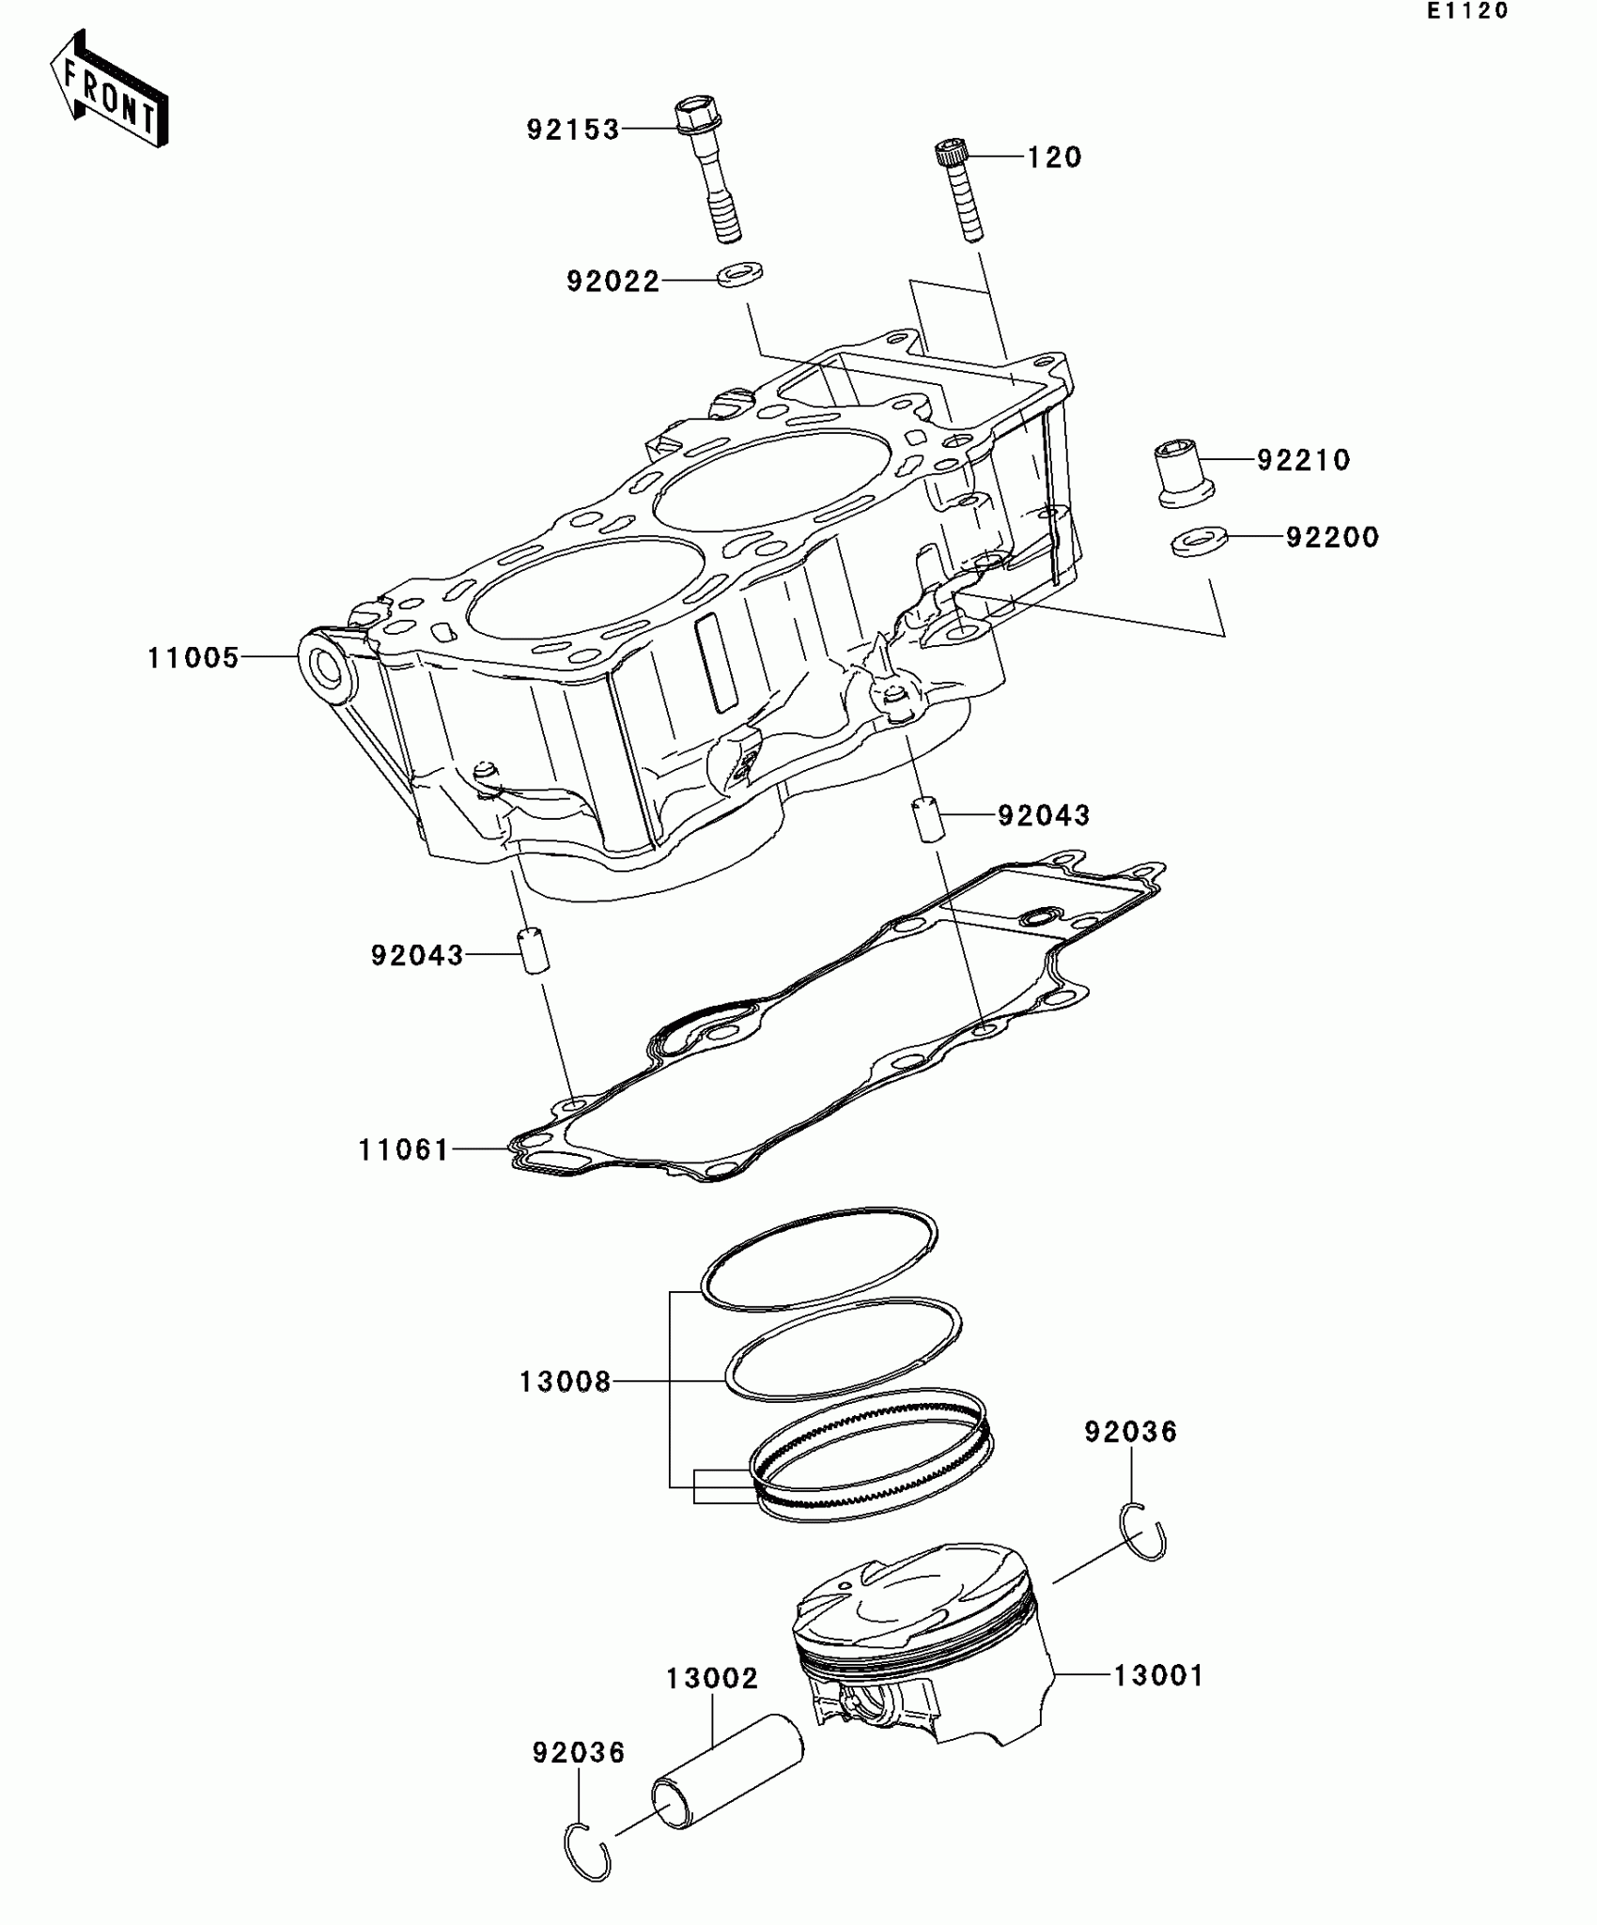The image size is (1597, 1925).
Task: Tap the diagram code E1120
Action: click(x=1466, y=11)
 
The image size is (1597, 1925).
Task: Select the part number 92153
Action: click(x=573, y=130)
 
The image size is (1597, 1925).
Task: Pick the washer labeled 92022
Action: click(x=739, y=275)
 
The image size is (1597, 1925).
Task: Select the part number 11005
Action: click(x=194, y=658)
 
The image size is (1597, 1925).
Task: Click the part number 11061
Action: click(x=404, y=1150)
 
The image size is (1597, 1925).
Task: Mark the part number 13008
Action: click(x=565, y=1382)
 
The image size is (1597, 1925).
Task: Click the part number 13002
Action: click(x=712, y=1679)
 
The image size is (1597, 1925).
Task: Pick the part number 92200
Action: click(x=1332, y=538)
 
